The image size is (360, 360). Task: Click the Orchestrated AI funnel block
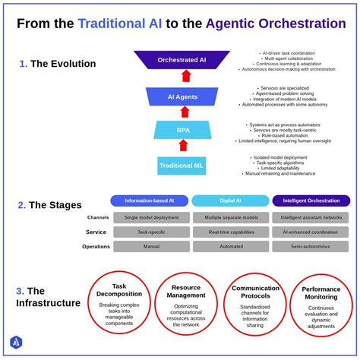[182, 59]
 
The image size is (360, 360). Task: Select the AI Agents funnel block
[182, 97]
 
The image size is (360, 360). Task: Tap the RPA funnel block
[183, 130]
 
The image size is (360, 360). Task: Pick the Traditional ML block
[182, 166]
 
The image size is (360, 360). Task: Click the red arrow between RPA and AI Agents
[183, 112]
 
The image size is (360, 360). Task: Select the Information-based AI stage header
[149, 201]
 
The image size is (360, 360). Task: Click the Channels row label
[98, 217]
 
